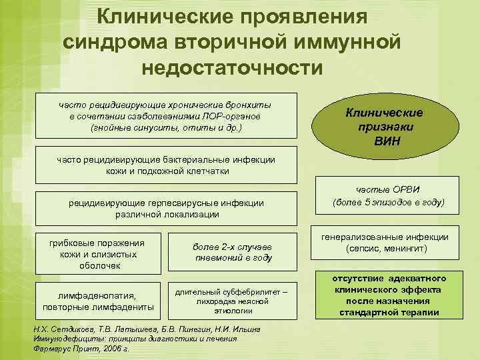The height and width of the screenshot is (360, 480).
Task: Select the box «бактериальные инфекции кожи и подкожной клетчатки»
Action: coord(167,165)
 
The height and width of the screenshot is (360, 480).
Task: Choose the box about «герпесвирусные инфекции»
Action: coord(166,208)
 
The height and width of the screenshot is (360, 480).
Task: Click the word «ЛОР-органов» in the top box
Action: coord(233,115)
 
